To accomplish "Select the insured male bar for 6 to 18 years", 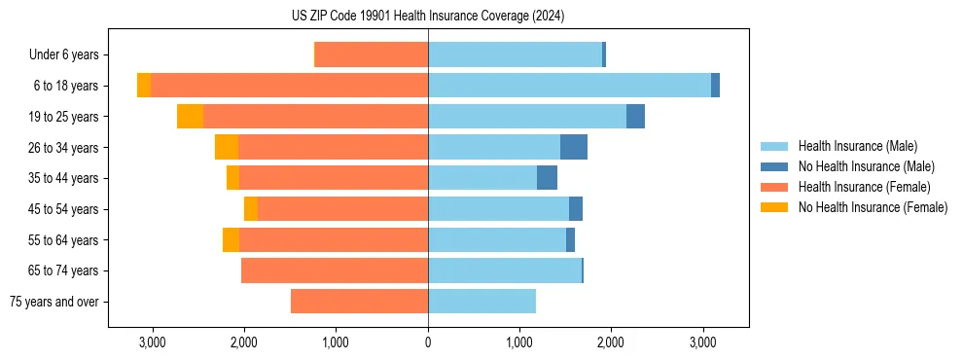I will point(569,86).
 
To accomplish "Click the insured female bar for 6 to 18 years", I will point(289,86).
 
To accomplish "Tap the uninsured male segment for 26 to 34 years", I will point(574,147).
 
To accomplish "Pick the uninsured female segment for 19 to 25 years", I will point(190,117).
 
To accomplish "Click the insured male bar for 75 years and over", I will point(481,302).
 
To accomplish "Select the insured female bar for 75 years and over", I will point(359,302).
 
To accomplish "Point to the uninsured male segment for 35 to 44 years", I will point(547,178).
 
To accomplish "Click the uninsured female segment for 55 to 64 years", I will point(231,239).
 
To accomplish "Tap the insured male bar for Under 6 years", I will point(515,54).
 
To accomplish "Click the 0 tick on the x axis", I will point(428,342).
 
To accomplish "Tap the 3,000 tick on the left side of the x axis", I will point(152,342).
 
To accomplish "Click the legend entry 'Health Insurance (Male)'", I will point(857,146).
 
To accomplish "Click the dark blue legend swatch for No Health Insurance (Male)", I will point(774,166).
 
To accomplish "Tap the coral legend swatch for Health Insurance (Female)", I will point(774,187).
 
